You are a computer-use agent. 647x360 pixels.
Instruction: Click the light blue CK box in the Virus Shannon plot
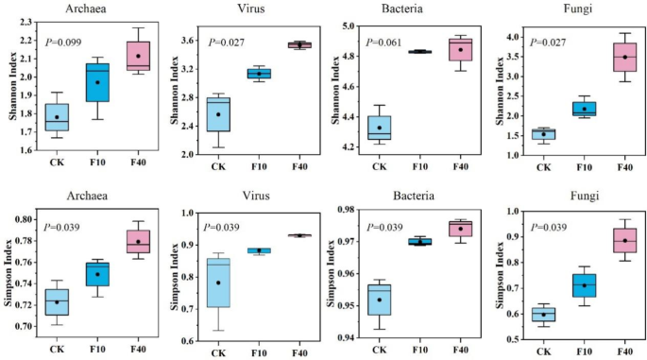click(x=219, y=113)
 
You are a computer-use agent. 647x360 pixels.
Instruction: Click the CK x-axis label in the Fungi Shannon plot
click(x=542, y=166)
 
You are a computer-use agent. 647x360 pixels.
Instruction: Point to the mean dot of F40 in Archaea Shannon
click(x=138, y=56)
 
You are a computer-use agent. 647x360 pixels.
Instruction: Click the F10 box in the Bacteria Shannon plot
click(x=420, y=52)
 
